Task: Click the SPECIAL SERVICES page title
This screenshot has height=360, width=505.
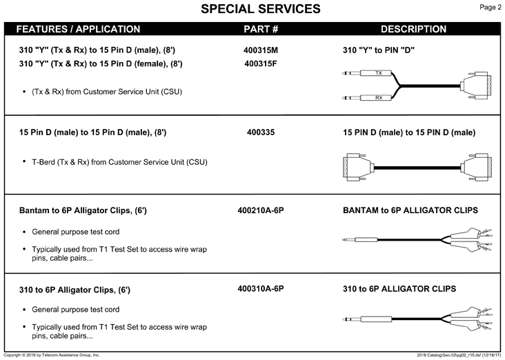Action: (x=261, y=9)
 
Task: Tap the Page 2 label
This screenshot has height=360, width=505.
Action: (x=491, y=7)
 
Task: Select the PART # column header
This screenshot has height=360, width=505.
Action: (x=261, y=29)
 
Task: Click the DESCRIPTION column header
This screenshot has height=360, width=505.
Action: (x=413, y=29)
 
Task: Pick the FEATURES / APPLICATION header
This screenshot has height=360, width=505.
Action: (x=78, y=29)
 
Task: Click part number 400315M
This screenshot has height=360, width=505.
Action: (x=261, y=50)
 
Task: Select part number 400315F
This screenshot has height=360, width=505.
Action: (x=261, y=63)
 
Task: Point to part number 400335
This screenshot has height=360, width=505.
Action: (x=261, y=132)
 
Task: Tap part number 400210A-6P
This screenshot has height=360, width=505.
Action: (x=261, y=210)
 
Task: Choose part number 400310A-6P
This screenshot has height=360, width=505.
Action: (x=261, y=288)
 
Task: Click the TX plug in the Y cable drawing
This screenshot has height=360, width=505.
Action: (x=367, y=73)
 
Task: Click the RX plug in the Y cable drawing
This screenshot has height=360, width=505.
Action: (x=367, y=97)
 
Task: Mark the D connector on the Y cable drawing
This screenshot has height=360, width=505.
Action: (x=476, y=86)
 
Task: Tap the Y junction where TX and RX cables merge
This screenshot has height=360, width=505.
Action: (x=399, y=86)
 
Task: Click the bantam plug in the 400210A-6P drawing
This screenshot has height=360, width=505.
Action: (x=359, y=239)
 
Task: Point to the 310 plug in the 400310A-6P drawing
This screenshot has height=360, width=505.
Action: (x=367, y=319)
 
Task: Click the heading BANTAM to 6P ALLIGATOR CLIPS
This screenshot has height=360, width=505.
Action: (x=410, y=210)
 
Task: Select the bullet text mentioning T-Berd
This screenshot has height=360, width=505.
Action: (x=119, y=162)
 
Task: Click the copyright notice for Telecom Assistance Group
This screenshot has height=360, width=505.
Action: (x=52, y=355)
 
